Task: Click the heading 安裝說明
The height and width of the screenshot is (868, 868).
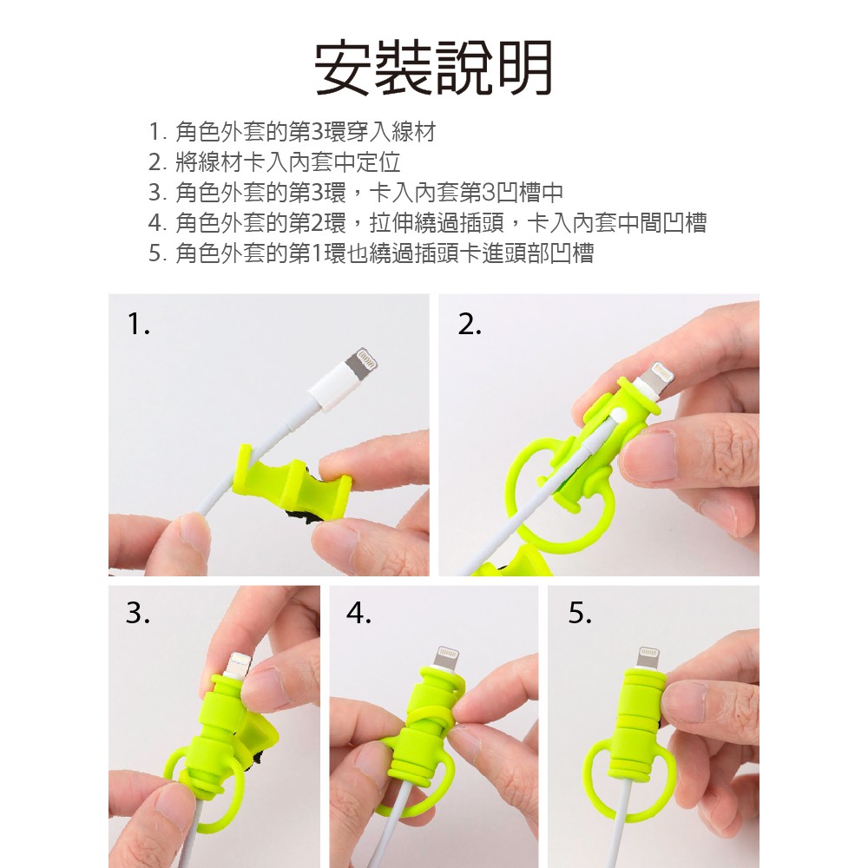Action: point(433,68)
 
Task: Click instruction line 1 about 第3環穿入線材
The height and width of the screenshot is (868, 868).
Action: point(293,132)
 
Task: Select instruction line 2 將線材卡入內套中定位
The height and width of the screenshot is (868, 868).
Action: point(274,162)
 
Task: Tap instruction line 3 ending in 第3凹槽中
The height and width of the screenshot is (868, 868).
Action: point(356,193)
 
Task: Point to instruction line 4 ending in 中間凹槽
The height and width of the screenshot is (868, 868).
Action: point(427,223)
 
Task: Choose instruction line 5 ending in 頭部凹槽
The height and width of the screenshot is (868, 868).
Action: point(371,253)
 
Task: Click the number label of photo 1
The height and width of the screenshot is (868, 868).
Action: point(138,324)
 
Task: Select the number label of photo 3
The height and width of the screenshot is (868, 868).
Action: point(138,613)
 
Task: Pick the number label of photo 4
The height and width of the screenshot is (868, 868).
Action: point(358,613)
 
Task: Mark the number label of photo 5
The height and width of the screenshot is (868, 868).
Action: point(580,613)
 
